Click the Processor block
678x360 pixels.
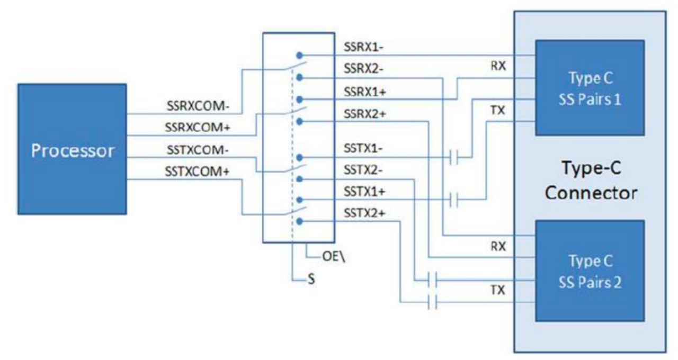[x=72, y=150]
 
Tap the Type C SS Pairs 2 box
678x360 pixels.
[x=590, y=271]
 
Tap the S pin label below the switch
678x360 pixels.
[x=311, y=280]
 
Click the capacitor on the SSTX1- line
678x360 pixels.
[x=453, y=157]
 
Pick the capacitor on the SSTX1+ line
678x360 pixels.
[x=453, y=200]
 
